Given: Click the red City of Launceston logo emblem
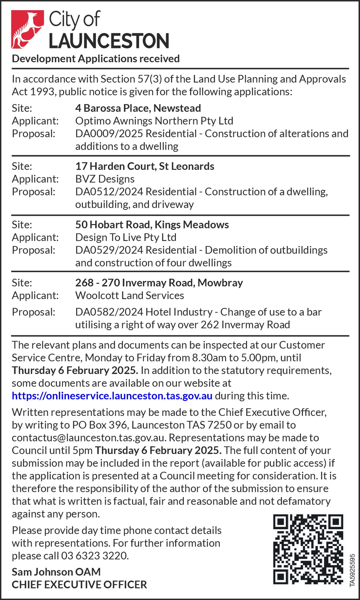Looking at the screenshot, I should point(27,30).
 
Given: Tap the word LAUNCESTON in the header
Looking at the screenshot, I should point(109,41).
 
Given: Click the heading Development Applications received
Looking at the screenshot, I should point(96,59).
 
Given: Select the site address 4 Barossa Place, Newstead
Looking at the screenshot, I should point(138,108).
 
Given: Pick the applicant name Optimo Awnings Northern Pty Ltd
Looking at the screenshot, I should point(154,121).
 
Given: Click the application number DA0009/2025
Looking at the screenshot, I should point(109,134).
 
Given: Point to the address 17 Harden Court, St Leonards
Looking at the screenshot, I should point(145,166).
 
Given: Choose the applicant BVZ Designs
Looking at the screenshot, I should point(105,179).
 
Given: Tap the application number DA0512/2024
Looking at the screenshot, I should point(109,192).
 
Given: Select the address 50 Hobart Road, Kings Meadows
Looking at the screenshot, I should point(152,225).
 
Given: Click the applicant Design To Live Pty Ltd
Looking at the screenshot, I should point(126,238).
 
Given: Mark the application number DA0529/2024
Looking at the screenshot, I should point(109,250).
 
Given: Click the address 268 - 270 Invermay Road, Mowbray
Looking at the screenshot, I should point(159,283).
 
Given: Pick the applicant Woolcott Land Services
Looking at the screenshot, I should point(129,296).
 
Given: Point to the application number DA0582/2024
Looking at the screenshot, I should point(109,312).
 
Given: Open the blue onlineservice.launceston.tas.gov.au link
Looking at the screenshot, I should point(112,396).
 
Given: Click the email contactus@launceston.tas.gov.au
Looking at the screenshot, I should point(88,438).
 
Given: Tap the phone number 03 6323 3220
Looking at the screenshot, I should point(94,556).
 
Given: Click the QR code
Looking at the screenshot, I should point(308,549).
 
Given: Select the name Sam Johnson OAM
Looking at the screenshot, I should point(56,572).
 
